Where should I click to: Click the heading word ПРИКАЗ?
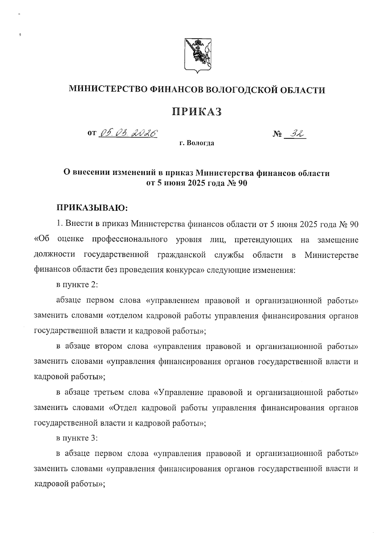click(197, 111)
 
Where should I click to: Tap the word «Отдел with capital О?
click(125, 407)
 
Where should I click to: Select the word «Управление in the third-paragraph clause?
click(177, 392)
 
